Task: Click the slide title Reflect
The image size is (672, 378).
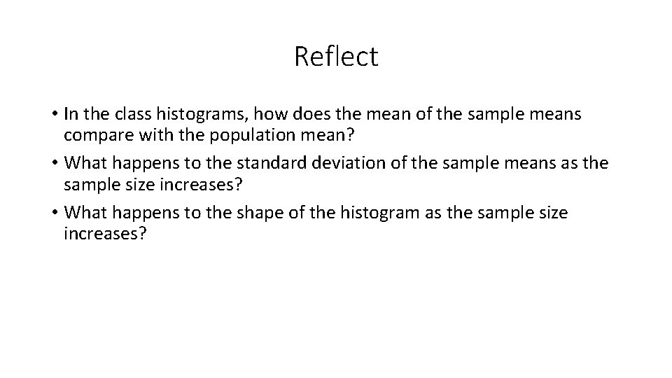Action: pyautogui.click(x=336, y=57)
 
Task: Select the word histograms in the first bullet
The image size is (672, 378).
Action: pyautogui.click(x=187, y=113)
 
